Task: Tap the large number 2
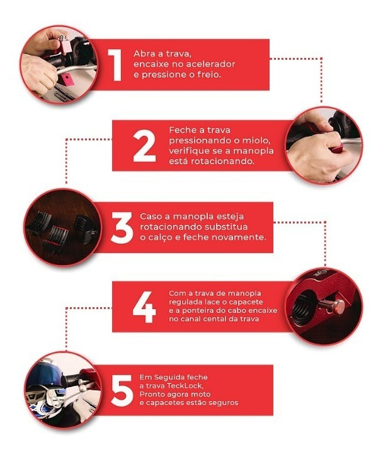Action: (x=144, y=146)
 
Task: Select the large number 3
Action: (x=122, y=228)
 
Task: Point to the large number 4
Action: (x=144, y=307)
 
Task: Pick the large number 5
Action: (x=122, y=390)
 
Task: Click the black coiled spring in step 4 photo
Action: (x=304, y=310)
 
